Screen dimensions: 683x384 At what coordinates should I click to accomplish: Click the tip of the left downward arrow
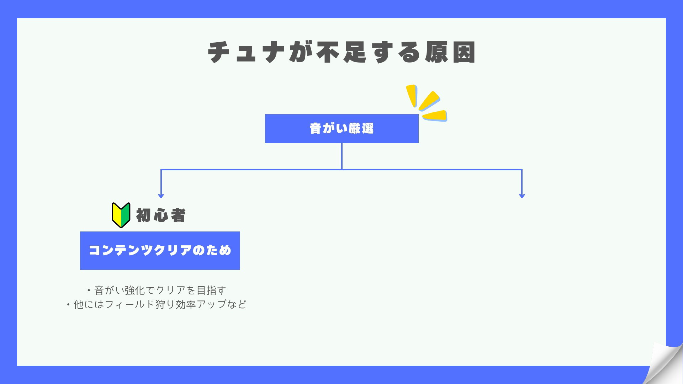161,198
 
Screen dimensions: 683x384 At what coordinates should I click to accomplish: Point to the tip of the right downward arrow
522,198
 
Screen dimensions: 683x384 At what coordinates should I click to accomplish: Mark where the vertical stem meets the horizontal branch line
342,170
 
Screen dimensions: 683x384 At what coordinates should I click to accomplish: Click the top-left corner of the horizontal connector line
161,169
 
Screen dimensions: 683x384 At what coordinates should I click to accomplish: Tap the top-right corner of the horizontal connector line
522,169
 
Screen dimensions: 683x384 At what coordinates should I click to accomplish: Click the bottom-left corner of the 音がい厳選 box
265,143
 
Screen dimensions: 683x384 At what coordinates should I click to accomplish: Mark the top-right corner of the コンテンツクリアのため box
240,231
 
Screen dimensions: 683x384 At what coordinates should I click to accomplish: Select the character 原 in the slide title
436,52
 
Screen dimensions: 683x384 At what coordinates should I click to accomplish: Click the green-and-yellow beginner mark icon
121,215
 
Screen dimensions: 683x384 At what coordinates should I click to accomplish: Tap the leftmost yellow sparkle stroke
412,95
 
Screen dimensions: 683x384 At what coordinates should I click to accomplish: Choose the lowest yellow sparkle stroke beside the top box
435,116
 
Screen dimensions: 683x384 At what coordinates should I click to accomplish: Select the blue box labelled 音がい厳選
342,128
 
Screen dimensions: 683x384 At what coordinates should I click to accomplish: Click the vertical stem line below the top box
342,156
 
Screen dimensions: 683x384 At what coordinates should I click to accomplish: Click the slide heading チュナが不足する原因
342,52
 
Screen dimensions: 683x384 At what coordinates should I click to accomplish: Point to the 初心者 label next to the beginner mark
161,215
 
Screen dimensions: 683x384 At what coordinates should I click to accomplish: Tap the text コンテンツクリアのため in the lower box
160,250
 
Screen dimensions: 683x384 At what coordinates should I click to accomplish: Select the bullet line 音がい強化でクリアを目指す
157,290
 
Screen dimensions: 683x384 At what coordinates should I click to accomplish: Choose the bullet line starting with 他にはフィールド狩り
157,304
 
